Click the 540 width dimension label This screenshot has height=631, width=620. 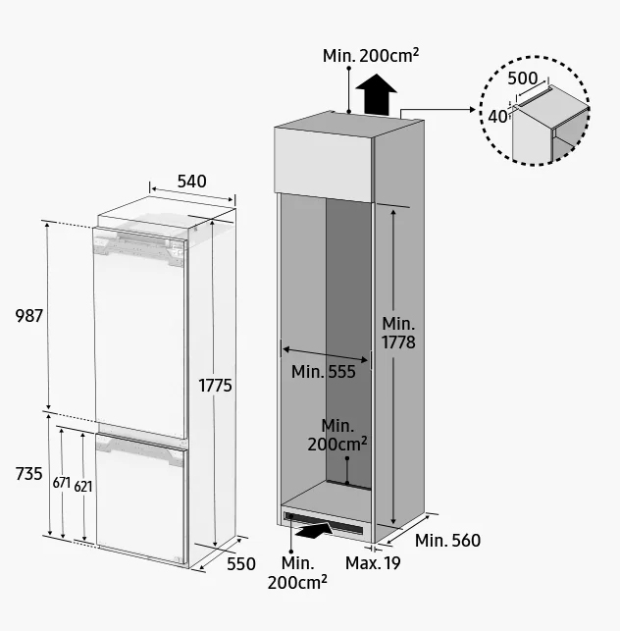point(192,182)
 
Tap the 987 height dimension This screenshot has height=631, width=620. point(29,316)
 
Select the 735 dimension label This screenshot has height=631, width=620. point(29,474)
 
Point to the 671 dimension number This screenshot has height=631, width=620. point(62,483)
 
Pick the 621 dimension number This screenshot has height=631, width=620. point(83,487)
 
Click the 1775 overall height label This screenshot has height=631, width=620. point(216,386)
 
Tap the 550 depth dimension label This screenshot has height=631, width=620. point(241,564)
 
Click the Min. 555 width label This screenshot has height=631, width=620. point(324,372)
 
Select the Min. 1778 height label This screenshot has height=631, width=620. point(398,333)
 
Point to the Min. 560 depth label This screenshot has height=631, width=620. point(447,541)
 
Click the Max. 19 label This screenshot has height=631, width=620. point(373,563)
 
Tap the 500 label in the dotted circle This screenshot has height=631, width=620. point(522,79)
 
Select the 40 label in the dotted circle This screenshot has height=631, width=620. point(497,117)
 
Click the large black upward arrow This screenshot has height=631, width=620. point(377,94)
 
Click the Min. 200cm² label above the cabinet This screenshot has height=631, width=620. point(371,56)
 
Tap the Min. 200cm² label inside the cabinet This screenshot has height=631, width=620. point(337,436)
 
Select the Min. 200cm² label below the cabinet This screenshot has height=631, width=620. point(297,573)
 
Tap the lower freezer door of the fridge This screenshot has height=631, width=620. point(141,499)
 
